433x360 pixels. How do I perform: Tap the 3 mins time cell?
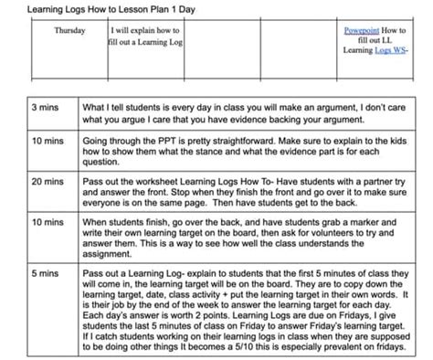[46, 108]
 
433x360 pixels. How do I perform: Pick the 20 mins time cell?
[46, 183]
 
